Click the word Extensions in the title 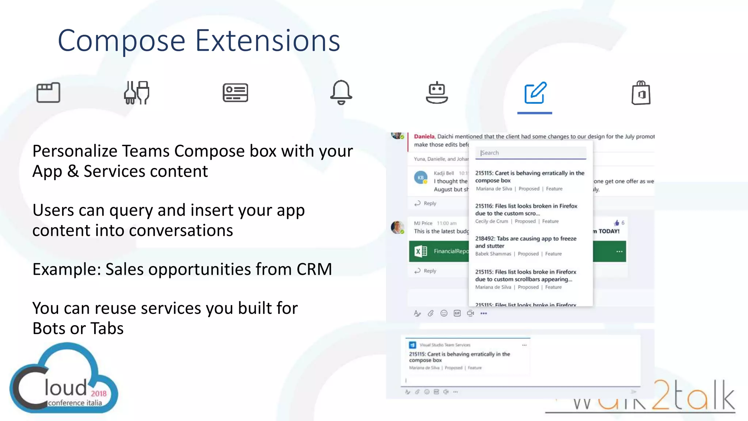point(268,41)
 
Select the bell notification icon point(341,92)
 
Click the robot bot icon point(437,93)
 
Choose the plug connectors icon point(137,92)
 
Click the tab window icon point(48,92)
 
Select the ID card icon point(235,92)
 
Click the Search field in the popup point(530,153)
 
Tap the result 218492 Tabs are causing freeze point(526,242)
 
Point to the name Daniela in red point(424,136)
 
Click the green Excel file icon point(420,251)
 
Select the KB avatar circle point(421,178)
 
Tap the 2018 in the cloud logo point(99,394)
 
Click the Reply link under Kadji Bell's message point(430,203)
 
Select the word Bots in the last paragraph point(49,328)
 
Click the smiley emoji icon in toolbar point(444,313)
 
